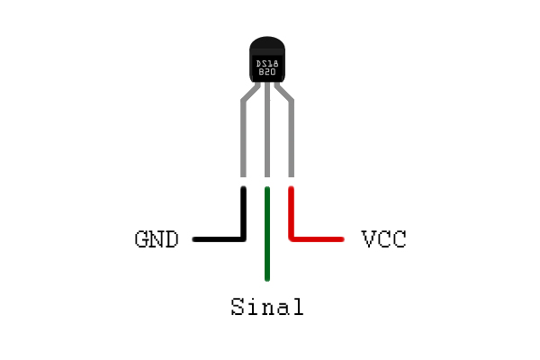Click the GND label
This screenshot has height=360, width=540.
[x=157, y=239]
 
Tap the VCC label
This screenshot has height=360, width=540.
[x=384, y=238]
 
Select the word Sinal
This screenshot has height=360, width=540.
[x=267, y=307]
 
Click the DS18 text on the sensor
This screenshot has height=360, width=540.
[x=267, y=64]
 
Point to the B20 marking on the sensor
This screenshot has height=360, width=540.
[x=267, y=72]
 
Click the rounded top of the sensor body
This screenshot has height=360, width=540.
[x=267, y=43]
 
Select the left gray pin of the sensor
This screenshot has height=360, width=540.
[x=244, y=138]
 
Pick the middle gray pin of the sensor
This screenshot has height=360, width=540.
[x=267, y=130]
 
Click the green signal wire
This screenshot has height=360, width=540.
[x=267, y=234]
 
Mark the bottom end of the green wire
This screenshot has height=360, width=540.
[x=267, y=281]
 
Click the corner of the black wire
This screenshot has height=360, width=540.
[x=243, y=239]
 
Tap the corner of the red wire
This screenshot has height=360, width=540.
[x=292, y=238]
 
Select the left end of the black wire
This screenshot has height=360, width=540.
[x=193, y=239]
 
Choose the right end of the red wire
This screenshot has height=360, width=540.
[x=342, y=239]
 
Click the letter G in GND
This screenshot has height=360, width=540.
[x=141, y=239]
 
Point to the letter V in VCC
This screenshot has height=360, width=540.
[x=368, y=239]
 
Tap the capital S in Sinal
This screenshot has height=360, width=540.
[x=238, y=307]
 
